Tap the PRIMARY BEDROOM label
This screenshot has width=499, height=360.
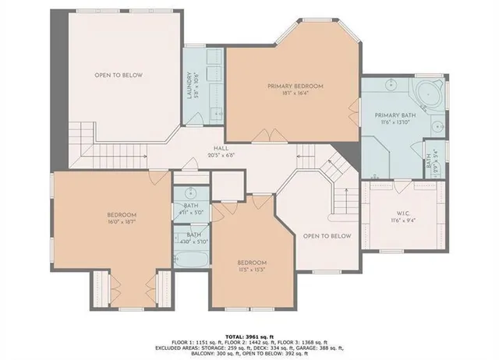click(x=295, y=86)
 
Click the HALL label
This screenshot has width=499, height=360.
click(x=222, y=147)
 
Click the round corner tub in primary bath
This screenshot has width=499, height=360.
click(x=427, y=94)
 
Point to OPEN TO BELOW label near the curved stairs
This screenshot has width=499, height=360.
click(x=327, y=235)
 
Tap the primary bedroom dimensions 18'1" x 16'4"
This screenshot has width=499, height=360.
click(x=295, y=93)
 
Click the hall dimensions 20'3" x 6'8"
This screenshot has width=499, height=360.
click(x=222, y=154)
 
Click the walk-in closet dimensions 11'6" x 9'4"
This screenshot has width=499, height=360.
click(x=402, y=221)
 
